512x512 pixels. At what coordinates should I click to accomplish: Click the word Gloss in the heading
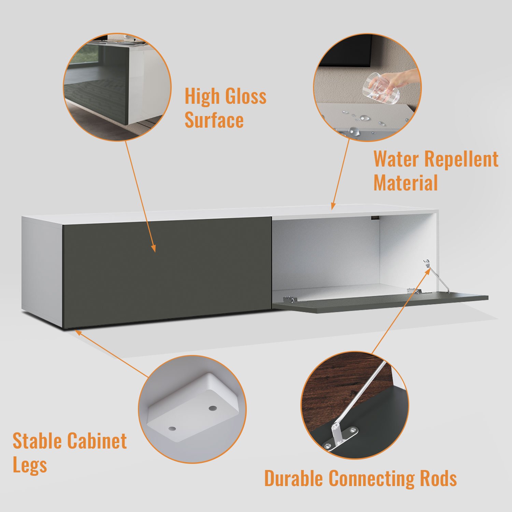246,97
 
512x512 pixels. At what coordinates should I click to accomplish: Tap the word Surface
214,120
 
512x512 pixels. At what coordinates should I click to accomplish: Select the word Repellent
462,159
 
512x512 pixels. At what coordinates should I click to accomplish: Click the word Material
406,183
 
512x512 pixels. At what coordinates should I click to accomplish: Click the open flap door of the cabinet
381,302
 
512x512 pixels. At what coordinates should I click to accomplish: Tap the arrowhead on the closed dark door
154,248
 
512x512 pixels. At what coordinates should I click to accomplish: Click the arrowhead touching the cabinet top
333,206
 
